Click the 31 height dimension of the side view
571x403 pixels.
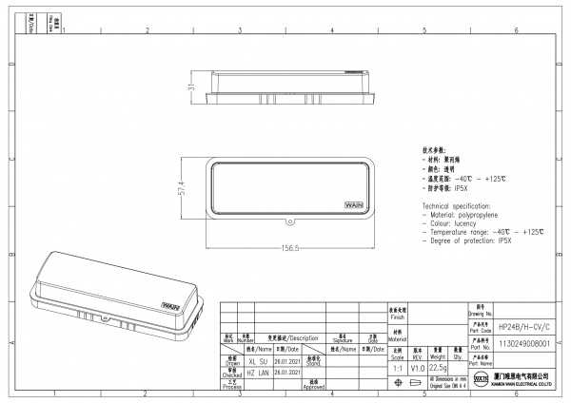tap(190, 86)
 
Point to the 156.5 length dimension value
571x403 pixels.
tap(290, 248)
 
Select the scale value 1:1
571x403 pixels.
tap(398, 368)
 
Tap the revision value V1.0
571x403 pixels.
tap(418, 368)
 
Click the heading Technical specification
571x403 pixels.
tap(456, 206)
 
